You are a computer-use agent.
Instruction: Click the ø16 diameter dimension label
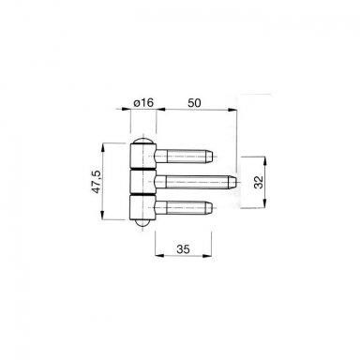(143, 102)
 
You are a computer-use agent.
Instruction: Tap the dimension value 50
(194, 103)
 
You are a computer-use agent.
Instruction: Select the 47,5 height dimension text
(97, 182)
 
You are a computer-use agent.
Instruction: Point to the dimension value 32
(259, 182)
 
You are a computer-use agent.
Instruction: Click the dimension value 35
(183, 249)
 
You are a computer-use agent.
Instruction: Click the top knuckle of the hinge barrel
(142, 156)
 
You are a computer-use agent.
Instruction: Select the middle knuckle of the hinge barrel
(142, 182)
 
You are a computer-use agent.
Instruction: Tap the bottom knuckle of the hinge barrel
(142, 207)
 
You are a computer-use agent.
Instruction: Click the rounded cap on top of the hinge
(142, 141)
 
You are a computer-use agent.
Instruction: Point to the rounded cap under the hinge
(142, 223)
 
